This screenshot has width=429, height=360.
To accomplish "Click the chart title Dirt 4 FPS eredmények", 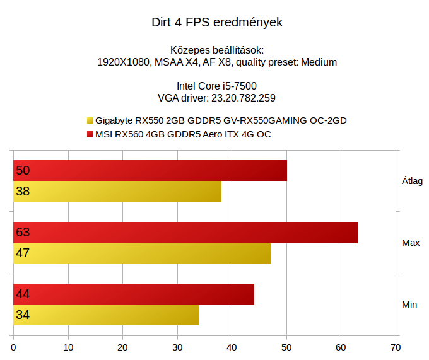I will pos(216,23).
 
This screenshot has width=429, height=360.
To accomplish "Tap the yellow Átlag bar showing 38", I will pos(117,192).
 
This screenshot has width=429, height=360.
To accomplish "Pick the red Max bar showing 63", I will pos(185,233).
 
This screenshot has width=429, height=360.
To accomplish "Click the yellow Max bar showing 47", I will pos(142,253).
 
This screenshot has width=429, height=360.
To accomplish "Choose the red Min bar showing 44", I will pos(134,294).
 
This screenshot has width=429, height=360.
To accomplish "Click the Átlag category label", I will pos(412,181).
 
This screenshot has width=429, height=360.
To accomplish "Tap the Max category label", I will pos(411,243).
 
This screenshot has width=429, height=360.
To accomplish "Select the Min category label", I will pos(409,305).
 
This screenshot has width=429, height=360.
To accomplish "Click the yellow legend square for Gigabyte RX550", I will pos(90,120).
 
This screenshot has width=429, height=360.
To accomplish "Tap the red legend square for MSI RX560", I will pos(90,134).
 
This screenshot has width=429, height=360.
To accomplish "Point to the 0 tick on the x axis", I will pos(14,347).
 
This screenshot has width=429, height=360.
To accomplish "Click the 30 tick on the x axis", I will pos(177,347).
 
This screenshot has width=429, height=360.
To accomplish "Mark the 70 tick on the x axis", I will pos(396,347).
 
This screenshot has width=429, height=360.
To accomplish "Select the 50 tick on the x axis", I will pos(286,347).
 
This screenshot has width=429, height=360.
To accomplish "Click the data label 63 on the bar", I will pos(23,233).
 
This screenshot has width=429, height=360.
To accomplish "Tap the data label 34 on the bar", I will pos(23,315).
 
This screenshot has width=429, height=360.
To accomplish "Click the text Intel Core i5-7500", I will pos(216,86).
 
